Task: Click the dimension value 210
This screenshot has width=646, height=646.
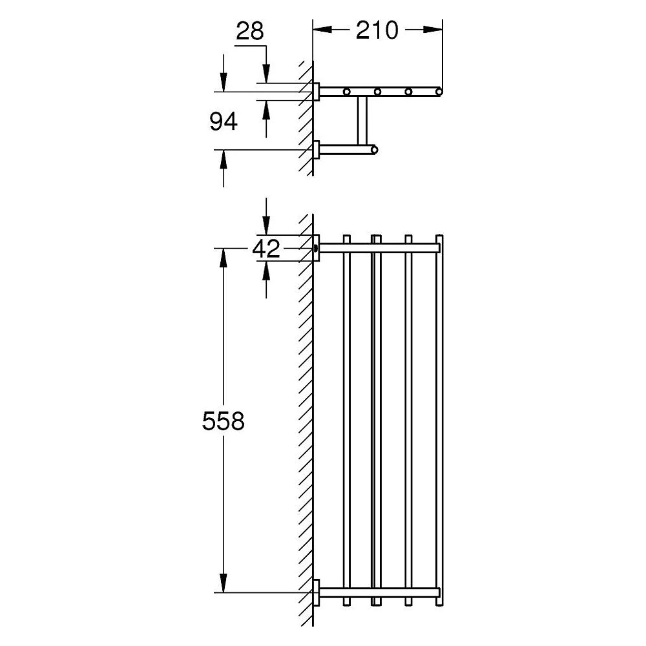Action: pyautogui.click(x=377, y=30)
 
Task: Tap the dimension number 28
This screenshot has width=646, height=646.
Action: pyautogui.click(x=250, y=31)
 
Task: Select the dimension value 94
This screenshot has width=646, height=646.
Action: pyautogui.click(x=224, y=121)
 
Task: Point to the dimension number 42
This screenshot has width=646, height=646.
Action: pyautogui.click(x=266, y=249)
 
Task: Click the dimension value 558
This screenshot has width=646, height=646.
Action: pyautogui.click(x=224, y=421)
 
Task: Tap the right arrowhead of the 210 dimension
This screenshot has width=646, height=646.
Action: pyautogui.click(x=433, y=29)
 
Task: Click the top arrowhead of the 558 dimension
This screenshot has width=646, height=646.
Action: pyautogui.click(x=224, y=258)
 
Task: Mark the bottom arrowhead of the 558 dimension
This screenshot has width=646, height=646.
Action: pyautogui.click(x=224, y=583)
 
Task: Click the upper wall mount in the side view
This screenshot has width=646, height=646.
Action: pyautogui.click(x=317, y=92)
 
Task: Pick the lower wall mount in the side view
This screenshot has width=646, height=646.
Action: pyautogui.click(x=317, y=149)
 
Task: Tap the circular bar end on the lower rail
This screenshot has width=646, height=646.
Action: pyautogui.click(x=373, y=149)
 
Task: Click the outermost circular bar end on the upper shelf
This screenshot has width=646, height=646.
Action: pyautogui.click(x=439, y=92)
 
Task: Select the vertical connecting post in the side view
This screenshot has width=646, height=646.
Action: pyautogui.click(x=362, y=120)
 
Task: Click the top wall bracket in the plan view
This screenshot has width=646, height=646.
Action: pyautogui.click(x=317, y=248)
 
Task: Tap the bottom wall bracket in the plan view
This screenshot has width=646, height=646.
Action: pyautogui.click(x=317, y=592)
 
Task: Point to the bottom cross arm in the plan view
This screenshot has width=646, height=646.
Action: pyautogui.click(x=380, y=592)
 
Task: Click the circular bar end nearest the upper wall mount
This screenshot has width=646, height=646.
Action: pyautogui.click(x=346, y=92)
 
